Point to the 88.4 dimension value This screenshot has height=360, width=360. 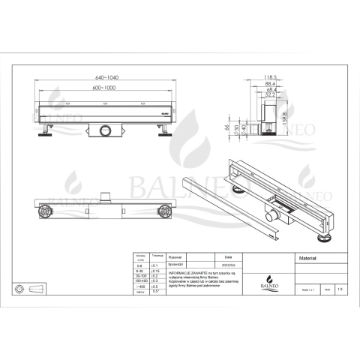tap(262, 84)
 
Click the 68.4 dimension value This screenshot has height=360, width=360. tap(262, 91)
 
